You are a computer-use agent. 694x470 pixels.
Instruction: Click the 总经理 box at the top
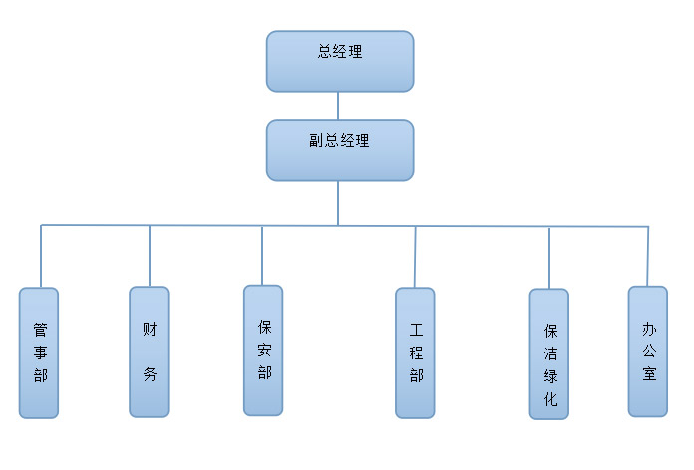[x=339, y=61]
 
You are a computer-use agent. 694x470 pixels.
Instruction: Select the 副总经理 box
[x=339, y=150]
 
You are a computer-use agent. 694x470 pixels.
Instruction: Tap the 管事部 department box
[x=39, y=352]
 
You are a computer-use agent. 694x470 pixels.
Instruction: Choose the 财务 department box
[x=149, y=352]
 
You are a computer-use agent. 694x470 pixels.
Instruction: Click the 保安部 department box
[x=263, y=351]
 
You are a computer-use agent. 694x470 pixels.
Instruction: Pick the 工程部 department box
[x=415, y=352]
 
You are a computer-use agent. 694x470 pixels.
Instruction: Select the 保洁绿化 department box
[x=549, y=353]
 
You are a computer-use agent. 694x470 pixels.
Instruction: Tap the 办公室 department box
[x=647, y=351]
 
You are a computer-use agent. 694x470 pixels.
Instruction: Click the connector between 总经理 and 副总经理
[x=339, y=106]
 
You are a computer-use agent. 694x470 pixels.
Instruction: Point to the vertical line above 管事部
[x=41, y=256]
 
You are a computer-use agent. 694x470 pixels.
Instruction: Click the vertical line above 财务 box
[x=150, y=256]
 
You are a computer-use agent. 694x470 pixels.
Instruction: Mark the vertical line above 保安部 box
[x=262, y=255]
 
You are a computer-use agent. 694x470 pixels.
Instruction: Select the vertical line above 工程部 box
[x=415, y=257]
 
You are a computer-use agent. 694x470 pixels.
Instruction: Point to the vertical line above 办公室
[x=648, y=256]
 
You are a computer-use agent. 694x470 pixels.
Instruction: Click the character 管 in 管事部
[x=39, y=329]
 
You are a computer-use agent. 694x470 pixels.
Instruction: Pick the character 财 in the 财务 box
[x=149, y=327]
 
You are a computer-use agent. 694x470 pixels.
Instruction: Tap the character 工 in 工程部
[x=416, y=329]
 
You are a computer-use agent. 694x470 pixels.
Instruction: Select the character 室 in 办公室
[x=648, y=374]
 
